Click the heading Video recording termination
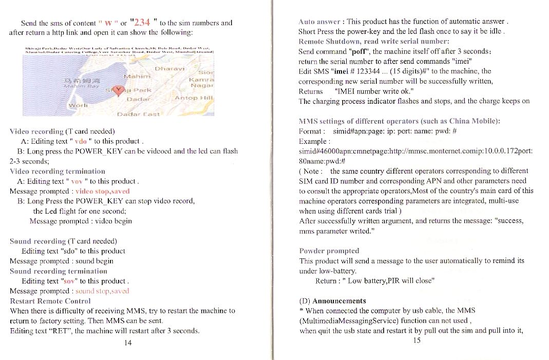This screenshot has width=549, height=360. coord(58,171)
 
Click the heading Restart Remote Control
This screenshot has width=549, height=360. coord(50,301)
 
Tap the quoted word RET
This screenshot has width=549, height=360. coord(60,331)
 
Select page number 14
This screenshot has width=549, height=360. coord(128,343)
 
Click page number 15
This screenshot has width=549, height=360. coord(417,340)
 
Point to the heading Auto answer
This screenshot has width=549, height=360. coord(319,22)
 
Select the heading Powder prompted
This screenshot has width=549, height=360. coord(329,251)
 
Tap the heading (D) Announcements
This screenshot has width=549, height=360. coord(332,300)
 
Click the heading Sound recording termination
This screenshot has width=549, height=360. coord(59,271)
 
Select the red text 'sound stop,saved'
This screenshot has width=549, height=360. coord(105,291)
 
